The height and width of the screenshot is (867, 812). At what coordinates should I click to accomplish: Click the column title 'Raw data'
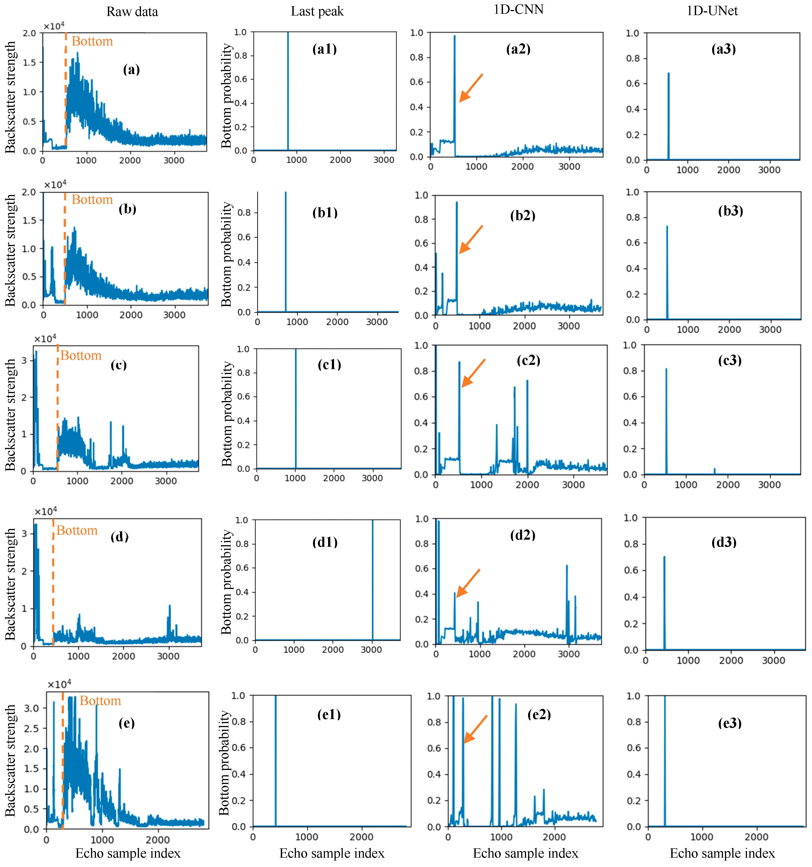[x=132, y=12]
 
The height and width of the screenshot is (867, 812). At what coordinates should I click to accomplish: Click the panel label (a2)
[x=518, y=49]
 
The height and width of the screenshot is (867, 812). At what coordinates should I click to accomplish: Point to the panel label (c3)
[x=730, y=360]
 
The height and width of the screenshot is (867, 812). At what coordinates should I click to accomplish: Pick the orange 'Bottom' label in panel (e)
[x=100, y=701]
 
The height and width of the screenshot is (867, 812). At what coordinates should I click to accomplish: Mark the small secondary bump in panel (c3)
[x=714, y=470]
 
